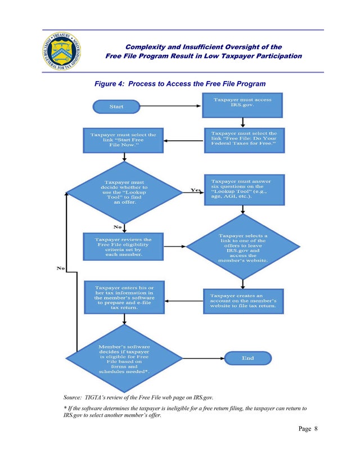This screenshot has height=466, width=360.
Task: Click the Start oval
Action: pos(116,106)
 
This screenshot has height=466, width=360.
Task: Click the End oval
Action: pos(247,358)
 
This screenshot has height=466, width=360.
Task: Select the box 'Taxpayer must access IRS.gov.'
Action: pos(242,105)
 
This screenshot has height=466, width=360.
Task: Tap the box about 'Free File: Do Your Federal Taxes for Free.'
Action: pos(244,140)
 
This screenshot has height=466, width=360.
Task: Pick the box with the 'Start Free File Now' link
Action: pos(123,140)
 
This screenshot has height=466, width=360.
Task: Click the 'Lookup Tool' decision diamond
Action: pos(124,192)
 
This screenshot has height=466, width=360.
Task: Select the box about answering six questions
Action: pos(244,190)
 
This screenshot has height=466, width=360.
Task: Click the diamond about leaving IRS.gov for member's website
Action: pos(242,247)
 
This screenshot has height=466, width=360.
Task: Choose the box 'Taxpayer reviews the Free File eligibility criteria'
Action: pos(123,247)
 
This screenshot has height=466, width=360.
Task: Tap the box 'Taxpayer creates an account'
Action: pos(243,301)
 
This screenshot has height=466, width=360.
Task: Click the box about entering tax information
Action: pos(124,297)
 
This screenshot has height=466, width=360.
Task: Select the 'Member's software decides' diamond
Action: pos(124,359)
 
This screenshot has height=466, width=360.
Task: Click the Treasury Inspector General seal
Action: pos(61,51)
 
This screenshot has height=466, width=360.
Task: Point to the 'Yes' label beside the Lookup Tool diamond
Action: pos(195,190)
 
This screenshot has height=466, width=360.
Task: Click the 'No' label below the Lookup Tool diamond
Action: pos(118,227)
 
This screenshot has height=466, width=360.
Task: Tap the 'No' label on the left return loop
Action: pos(61,268)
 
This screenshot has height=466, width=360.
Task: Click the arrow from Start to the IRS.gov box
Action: pos(170,106)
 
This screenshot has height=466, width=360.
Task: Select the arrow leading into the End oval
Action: pos(204,359)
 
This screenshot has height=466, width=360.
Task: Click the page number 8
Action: pos(316,428)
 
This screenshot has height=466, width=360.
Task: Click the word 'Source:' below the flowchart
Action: pos(73,397)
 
